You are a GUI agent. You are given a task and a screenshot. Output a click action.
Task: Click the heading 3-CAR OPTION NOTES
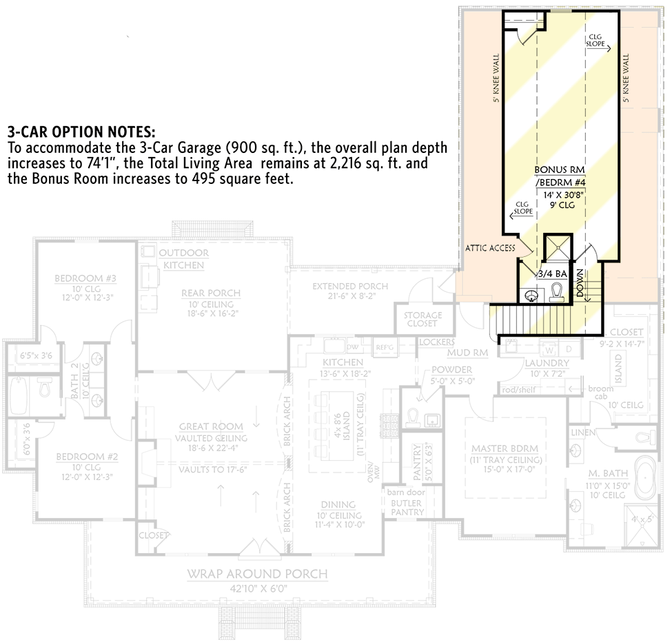81,132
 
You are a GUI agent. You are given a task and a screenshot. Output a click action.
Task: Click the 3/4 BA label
552,273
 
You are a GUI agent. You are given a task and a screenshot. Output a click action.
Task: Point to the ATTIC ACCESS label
490,248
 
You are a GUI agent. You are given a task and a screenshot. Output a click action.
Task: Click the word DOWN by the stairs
580,283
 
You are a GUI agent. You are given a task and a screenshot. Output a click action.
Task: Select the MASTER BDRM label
505,448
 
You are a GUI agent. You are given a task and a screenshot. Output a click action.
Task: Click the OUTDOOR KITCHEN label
184,259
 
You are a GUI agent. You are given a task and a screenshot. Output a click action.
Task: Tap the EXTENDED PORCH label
350,286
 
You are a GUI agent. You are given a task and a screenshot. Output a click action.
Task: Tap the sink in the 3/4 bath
531,295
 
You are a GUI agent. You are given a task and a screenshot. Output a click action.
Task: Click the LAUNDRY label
547,363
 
